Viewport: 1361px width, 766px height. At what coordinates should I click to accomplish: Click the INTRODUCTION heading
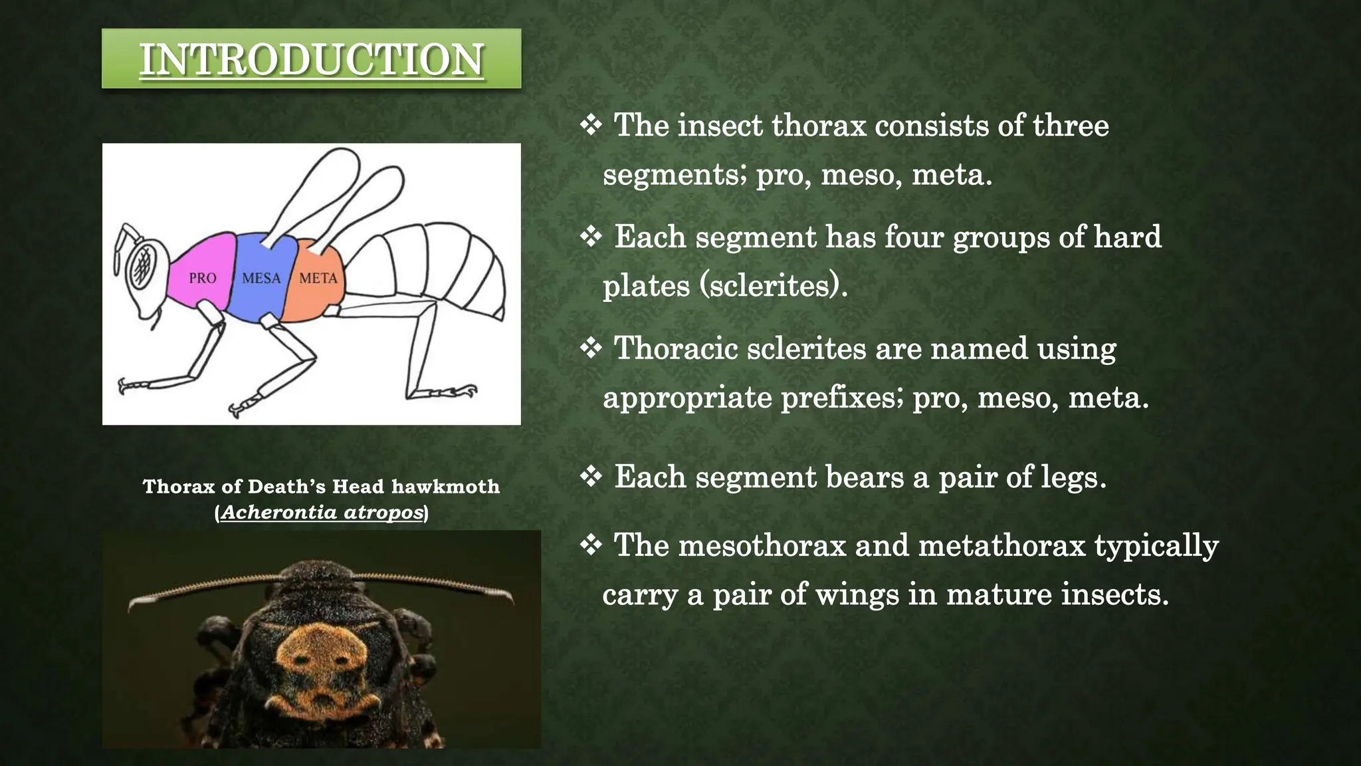pos(311,59)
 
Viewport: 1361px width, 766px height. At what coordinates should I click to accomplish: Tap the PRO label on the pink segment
pos(202,278)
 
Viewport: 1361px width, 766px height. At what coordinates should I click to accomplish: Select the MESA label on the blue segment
pos(261,278)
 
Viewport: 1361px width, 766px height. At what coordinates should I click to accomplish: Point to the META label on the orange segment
pos(318,278)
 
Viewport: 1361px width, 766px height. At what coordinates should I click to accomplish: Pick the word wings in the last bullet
pos(856,594)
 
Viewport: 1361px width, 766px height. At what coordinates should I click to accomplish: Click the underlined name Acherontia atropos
pos(322,513)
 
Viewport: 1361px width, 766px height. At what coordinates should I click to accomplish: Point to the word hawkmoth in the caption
pos(445,487)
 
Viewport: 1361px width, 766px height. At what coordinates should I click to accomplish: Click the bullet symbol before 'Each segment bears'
pos(591,476)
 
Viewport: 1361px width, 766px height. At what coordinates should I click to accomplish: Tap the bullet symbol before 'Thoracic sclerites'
pos(591,348)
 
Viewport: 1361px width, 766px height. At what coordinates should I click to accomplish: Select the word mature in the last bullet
pos(998,594)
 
